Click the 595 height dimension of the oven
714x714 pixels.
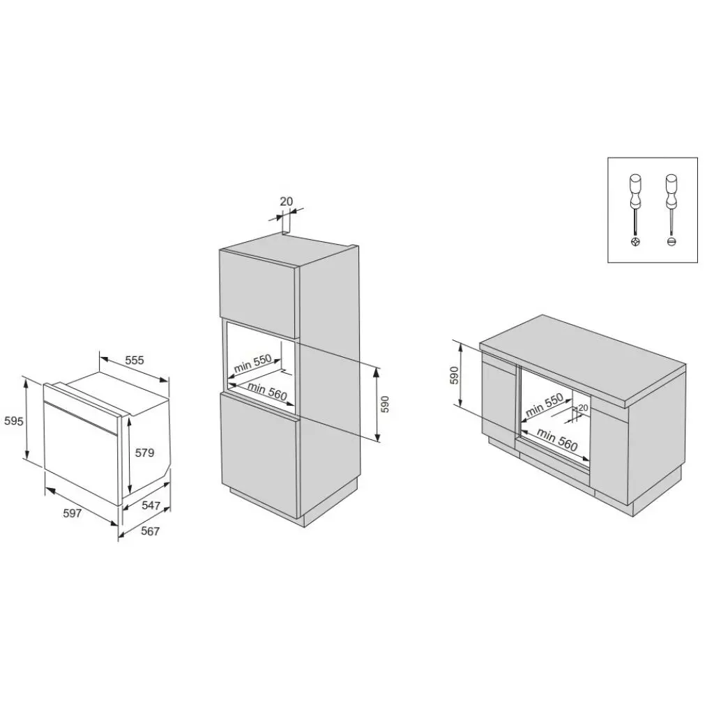point(13,420)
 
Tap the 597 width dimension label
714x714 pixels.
point(73,513)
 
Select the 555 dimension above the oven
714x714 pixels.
point(135,360)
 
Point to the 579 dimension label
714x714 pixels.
point(144,453)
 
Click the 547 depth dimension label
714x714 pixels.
point(151,506)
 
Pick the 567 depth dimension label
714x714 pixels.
point(151,531)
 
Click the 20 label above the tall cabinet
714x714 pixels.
point(287,202)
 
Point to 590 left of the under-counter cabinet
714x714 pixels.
point(454,375)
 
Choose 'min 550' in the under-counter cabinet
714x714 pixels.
point(544,405)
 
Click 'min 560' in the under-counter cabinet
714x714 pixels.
point(558,440)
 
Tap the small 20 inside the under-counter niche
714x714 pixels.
point(584,408)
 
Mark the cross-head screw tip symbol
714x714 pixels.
point(635,241)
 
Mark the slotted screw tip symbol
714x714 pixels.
point(671,241)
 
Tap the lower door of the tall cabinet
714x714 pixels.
point(259,453)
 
